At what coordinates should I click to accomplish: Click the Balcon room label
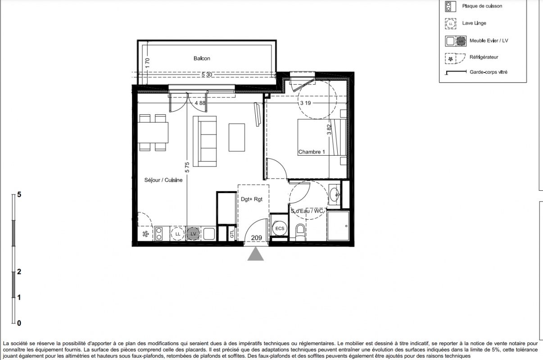202,58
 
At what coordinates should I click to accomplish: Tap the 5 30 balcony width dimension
207,75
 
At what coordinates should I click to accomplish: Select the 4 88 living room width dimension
200,103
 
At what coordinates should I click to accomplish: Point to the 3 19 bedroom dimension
305,103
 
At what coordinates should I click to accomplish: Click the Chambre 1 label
312,152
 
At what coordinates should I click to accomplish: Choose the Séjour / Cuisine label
163,180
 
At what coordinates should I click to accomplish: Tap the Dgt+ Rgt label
252,199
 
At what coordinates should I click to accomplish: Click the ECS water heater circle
280,229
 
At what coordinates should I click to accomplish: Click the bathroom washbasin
335,194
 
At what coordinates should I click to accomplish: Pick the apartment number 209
257,238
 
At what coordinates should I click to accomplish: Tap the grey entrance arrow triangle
255,254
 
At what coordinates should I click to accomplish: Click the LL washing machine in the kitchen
178,234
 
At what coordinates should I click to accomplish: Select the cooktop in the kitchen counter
158,234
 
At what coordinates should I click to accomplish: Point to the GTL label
232,234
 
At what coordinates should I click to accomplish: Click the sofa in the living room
204,141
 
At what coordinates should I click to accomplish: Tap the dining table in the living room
153,132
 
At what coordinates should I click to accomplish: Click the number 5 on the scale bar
19,194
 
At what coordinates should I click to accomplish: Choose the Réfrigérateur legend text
484,57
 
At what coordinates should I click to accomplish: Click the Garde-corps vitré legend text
489,72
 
